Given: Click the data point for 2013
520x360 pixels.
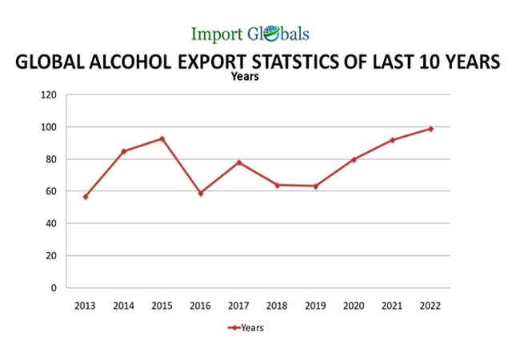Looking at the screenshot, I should (86, 196).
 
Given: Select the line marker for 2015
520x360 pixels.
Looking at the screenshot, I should (162, 138).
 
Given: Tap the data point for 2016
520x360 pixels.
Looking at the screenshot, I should (201, 193).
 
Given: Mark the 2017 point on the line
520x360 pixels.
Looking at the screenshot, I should (239, 162).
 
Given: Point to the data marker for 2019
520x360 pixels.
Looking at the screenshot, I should (315, 186).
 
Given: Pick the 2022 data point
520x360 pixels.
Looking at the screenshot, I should (430, 129).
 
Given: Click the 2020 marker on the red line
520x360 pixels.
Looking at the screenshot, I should (354, 159).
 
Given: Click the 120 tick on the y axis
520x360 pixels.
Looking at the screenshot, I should (49, 95).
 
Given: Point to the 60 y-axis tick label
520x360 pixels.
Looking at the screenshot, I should (51, 191).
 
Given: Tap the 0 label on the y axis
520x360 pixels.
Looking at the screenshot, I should (54, 287).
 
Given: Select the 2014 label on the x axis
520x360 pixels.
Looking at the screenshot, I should (124, 305).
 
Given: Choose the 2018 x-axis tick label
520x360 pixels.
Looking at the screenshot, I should (277, 305).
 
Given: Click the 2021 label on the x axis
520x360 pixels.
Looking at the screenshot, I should (392, 305).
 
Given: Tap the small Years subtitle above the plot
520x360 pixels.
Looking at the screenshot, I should (245, 77).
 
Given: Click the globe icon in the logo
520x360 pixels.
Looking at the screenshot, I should (269, 34).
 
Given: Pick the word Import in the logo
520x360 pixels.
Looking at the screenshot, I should (215, 34).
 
